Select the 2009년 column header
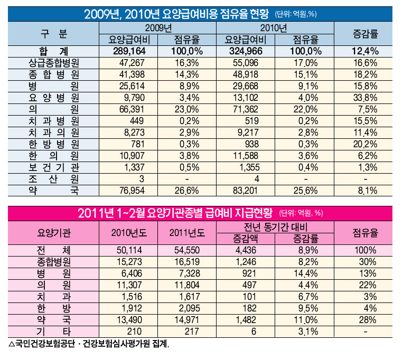(x=158, y=27)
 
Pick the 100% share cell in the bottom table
(x=365, y=250)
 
